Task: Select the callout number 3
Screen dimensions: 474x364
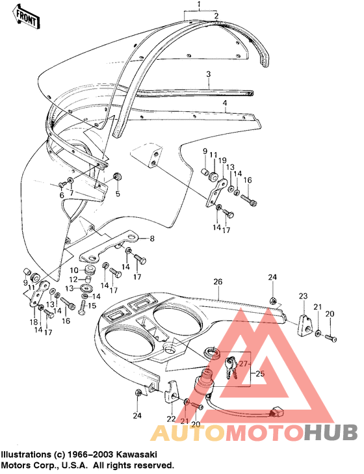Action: click(208, 74)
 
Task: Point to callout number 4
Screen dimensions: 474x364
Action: click(224, 103)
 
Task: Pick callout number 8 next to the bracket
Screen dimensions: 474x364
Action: click(152, 239)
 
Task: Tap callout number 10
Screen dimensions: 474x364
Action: click(74, 270)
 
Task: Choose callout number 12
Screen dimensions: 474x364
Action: click(73, 280)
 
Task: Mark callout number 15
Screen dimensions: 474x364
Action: click(92, 305)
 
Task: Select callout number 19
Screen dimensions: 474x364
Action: click(222, 160)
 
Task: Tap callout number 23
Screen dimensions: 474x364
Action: click(302, 296)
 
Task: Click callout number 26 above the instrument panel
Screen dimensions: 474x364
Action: click(218, 282)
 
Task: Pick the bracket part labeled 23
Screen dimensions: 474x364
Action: click(304, 324)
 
